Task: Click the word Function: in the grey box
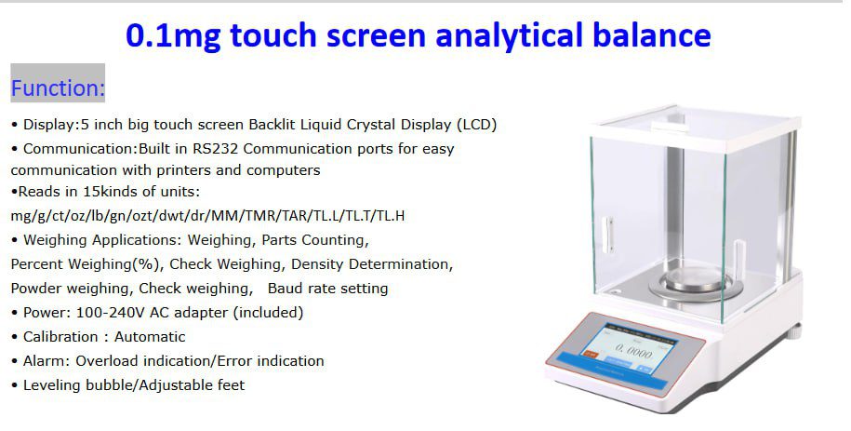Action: pyautogui.click(x=58, y=88)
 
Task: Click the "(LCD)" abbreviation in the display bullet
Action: pyautogui.click(x=477, y=125)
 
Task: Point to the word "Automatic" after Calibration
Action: pyautogui.click(x=150, y=336)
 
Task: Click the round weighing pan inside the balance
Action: pyautogui.click(x=696, y=282)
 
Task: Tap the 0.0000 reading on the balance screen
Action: pyautogui.click(x=633, y=352)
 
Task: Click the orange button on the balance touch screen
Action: pyautogui.click(x=590, y=354)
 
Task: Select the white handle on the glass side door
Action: pyautogui.click(x=608, y=236)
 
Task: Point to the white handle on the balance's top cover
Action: pyautogui.click(x=671, y=126)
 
